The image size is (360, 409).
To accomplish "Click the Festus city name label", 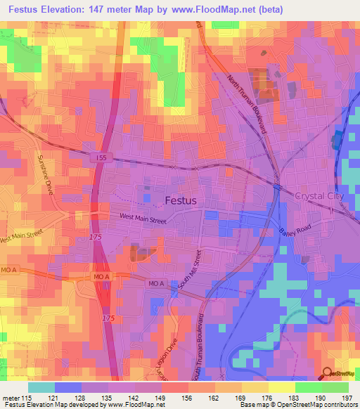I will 181,200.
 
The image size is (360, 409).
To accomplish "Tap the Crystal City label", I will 319,196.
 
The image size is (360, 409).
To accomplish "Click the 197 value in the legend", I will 347,397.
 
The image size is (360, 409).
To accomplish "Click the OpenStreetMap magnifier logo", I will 327,375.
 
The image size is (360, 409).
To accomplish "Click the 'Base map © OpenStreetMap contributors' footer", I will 297,405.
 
